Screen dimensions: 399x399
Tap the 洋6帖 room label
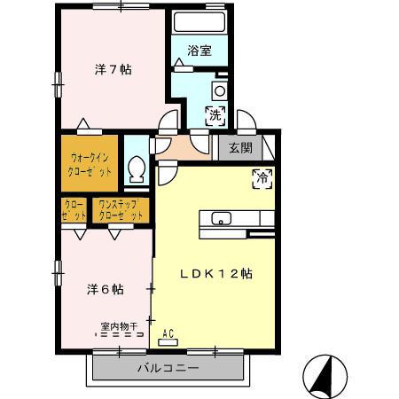point(105,289)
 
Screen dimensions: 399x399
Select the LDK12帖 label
point(218,274)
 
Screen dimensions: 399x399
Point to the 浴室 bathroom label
point(199,51)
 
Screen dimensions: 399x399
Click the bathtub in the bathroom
point(199,23)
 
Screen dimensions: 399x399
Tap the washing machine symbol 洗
point(215,113)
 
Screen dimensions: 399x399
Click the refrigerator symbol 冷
point(263,176)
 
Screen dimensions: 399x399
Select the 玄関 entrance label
point(240,148)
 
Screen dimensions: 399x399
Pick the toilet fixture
point(137,168)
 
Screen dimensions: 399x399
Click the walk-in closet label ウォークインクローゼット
point(90,164)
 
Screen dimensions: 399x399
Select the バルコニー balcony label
point(168,367)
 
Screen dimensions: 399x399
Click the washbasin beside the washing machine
point(219,90)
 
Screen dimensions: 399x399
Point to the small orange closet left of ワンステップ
point(74,210)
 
